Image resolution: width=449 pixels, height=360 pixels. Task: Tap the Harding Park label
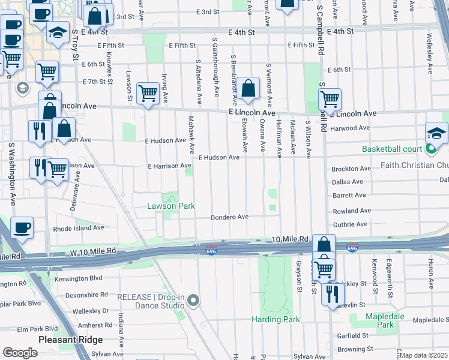click(x=276, y=319)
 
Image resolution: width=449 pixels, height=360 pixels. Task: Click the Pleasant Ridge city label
click(x=64, y=339)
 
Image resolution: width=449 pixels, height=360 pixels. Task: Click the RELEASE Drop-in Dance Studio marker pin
click(x=193, y=301)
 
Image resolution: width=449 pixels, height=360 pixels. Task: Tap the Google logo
click(x=20, y=353)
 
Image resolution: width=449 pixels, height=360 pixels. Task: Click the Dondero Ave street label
click(x=229, y=217)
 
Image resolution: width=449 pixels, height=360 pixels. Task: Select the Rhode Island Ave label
click(x=79, y=228)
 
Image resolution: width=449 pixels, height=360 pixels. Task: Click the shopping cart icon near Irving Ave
click(x=148, y=93)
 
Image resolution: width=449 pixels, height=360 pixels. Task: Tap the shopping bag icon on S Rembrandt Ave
click(x=248, y=89)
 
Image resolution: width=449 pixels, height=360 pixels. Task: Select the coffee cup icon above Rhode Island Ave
click(x=22, y=227)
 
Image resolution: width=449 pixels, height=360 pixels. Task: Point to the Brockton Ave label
click(x=351, y=169)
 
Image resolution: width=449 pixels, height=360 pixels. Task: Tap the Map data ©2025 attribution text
click(x=423, y=355)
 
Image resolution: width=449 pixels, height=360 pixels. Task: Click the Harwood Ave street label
click(x=350, y=128)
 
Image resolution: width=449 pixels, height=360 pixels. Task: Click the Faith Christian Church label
click(x=415, y=165)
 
